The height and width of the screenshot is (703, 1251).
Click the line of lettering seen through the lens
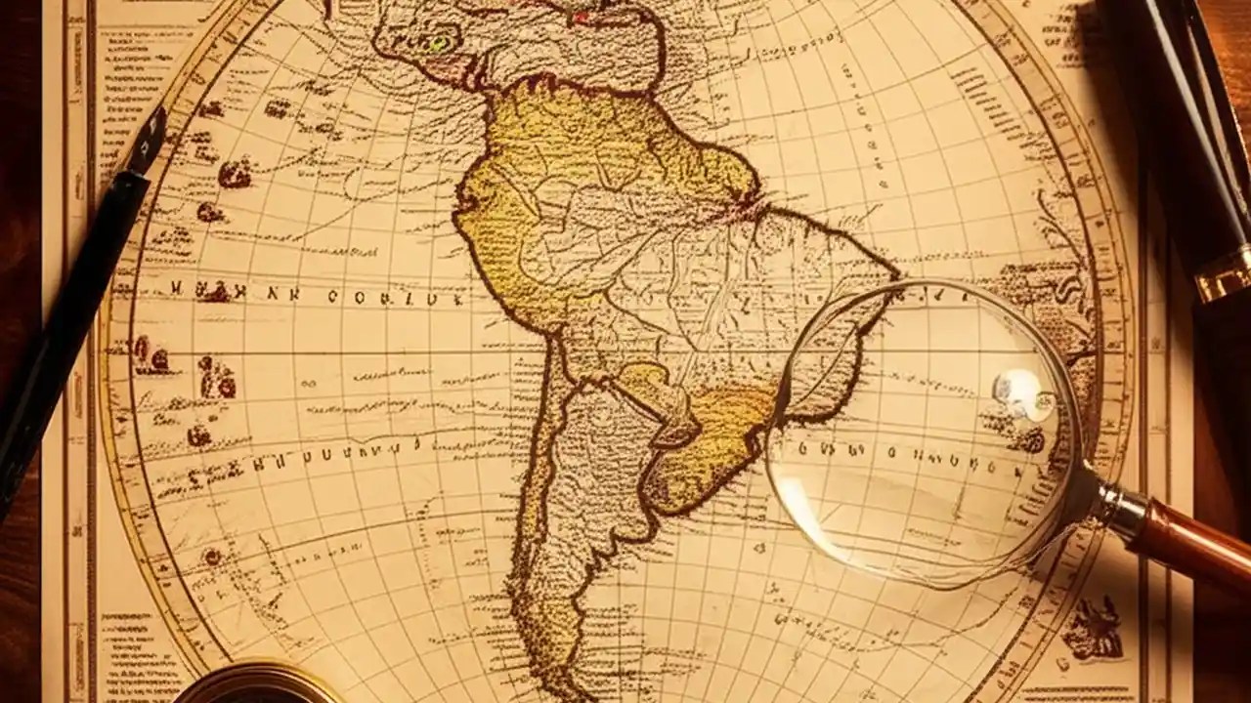(x=909, y=452)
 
